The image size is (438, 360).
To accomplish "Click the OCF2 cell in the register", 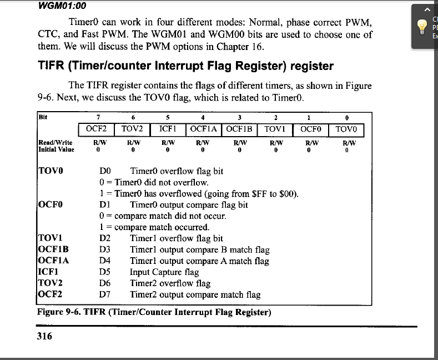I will pos(96,129).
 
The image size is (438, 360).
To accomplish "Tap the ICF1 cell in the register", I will pos(168,129).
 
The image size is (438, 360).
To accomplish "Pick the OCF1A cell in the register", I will pos(203,129).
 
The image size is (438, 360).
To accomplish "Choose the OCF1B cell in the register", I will pos(239,129).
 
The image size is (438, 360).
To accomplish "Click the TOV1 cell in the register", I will pos(275,129).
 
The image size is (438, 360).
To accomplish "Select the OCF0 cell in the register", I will pos(311,129).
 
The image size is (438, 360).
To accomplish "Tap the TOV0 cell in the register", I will pos(346,129).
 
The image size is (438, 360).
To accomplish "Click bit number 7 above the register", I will pos(98,117).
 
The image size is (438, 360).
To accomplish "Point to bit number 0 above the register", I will pos(346,117).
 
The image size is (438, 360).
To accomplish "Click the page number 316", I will pos(44,336).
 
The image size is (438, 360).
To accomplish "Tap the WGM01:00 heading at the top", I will pos(63,6).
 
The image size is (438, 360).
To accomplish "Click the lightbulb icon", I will pos(422,26).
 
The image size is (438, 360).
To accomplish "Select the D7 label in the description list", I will pos(105,294).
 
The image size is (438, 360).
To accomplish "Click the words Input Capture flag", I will pos(164,272).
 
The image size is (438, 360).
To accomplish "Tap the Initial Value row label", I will pos(56,149).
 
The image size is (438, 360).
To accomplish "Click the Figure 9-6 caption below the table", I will pos(154,312).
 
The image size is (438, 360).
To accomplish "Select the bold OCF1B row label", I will pos(53,249).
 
